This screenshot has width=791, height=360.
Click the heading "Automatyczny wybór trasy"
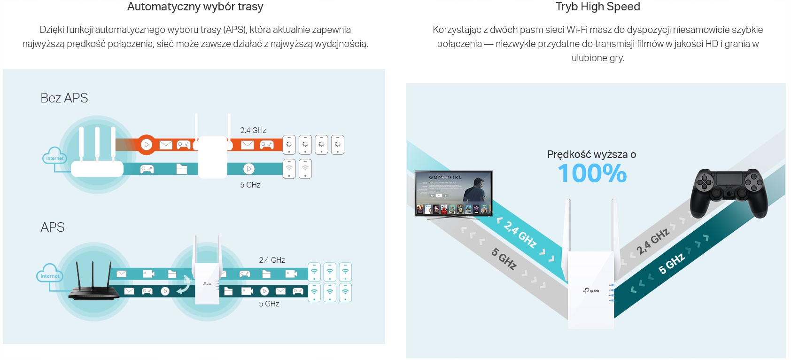click(195, 7)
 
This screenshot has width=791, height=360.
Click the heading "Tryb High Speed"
click(597, 7)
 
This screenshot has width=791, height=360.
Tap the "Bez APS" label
click(64, 98)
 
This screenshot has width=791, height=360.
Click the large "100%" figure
click(592, 173)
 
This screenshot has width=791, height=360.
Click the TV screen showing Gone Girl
click(453, 193)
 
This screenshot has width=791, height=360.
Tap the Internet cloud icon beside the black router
click(49, 275)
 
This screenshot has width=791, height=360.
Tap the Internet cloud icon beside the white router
click(54, 157)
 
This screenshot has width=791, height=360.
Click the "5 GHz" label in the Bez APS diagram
click(250, 185)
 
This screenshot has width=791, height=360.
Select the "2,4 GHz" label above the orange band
click(253, 130)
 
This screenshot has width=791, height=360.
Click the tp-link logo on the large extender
click(591, 290)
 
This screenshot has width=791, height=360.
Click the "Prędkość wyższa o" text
click(591, 154)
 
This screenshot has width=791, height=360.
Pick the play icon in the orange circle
click(147, 144)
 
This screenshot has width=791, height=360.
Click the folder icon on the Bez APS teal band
click(181, 169)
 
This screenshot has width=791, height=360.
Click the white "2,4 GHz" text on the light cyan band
click(520, 234)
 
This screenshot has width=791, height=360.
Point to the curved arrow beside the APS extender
click(184, 286)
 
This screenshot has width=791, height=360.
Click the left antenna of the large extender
click(569, 226)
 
